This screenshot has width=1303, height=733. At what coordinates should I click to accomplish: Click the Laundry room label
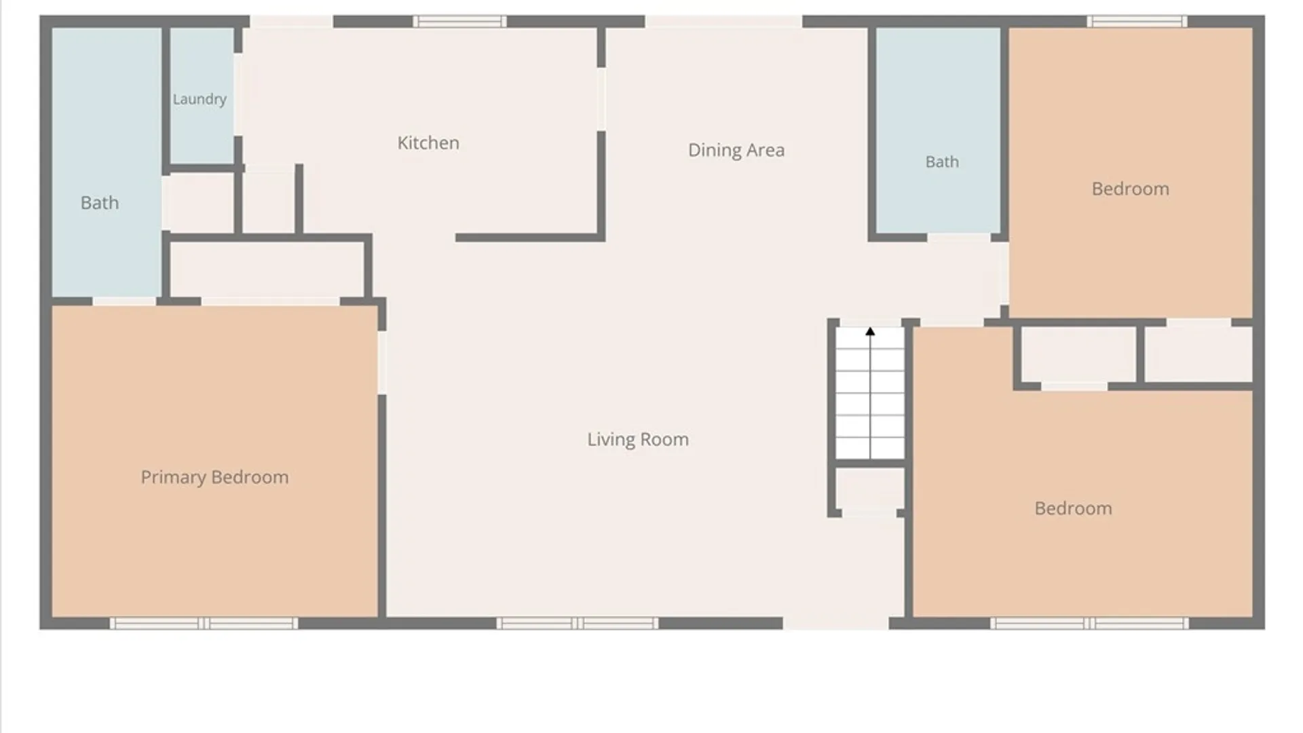pyautogui.click(x=200, y=99)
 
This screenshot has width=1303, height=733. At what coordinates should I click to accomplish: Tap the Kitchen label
pyautogui.click(x=428, y=143)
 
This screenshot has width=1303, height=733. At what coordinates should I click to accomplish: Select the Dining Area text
pyautogui.click(x=736, y=150)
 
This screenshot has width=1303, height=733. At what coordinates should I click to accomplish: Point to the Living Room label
pyautogui.click(x=638, y=439)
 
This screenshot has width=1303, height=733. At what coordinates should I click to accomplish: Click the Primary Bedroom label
pyautogui.click(x=214, y=477)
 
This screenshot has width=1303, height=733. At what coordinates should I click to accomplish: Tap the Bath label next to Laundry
pyautogui.click(x=100, y=202)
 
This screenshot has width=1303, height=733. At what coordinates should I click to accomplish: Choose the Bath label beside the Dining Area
pyautogui.click(x=942, y=162)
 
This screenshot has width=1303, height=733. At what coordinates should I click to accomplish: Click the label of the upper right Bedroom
pyautogui.click(x=1131, y=189)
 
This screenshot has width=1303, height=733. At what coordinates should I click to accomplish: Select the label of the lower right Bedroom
pyautogui.click(x=1074, y=508)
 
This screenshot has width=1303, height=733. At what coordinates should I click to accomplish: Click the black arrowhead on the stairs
pyautogui.click(x=870, y=331)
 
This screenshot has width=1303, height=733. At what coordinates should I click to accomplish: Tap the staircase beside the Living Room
pyautogui.click(x=870, y=393)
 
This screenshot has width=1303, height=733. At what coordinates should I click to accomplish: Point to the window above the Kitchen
pyautogui.click(x=459, y=22)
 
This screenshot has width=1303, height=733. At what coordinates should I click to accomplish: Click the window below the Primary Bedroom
pyautogui.click(x=204, y=623)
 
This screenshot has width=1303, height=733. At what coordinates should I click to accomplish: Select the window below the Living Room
pyautogui.click(x=578, y=623)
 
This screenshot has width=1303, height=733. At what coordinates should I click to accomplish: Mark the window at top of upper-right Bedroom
pyautogui.click(x=1137, y=22)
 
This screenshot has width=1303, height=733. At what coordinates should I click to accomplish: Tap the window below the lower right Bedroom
pyautogui.click(x=1089, y=623)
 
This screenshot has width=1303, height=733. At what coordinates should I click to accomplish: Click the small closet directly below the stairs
pyautogui.click(x=869, y=489)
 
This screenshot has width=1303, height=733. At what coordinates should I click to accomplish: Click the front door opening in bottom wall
pyautogui.click(x=836, y=623)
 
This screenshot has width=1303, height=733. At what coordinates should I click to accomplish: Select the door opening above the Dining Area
pyautogui.click(x=723, y=22)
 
